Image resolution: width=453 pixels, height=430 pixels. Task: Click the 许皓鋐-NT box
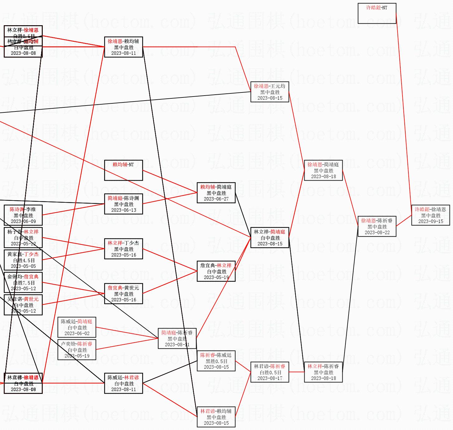tap(377, 13)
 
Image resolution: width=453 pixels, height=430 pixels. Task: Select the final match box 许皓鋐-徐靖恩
tap(430, 215)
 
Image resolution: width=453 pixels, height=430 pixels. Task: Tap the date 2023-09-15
tap(431, 221)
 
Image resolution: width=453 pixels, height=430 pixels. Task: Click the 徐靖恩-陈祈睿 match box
tap(377, 226)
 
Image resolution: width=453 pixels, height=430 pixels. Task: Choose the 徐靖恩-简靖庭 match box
tap(323, 170)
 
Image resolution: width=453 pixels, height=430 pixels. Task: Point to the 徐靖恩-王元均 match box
tap(270, 92)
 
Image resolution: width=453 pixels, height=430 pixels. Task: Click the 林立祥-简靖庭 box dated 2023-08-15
tap(270, 238)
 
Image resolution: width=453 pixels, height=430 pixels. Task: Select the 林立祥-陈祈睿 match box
tap(323, 372)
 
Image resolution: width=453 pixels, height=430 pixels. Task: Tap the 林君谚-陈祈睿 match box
tap(270, 372)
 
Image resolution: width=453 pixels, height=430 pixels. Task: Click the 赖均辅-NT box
tap(123, 170)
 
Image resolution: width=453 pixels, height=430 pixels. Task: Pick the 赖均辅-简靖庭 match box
tap(216, 193)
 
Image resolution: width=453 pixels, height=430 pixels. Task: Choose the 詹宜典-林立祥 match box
tap(216, 271)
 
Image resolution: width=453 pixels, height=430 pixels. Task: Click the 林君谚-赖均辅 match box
tap(216, 417)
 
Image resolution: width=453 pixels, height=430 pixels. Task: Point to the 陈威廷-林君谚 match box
tap(123, 383)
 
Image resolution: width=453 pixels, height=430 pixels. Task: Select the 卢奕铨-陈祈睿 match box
tap(77, 350)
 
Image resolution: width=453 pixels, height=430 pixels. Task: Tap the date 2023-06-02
tap(77, 333)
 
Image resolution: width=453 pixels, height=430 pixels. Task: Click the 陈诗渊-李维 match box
tap(23, 215)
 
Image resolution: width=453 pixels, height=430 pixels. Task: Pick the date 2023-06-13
tap(124, 210)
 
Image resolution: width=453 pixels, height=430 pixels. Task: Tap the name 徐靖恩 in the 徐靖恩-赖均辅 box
tap(115, 41)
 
